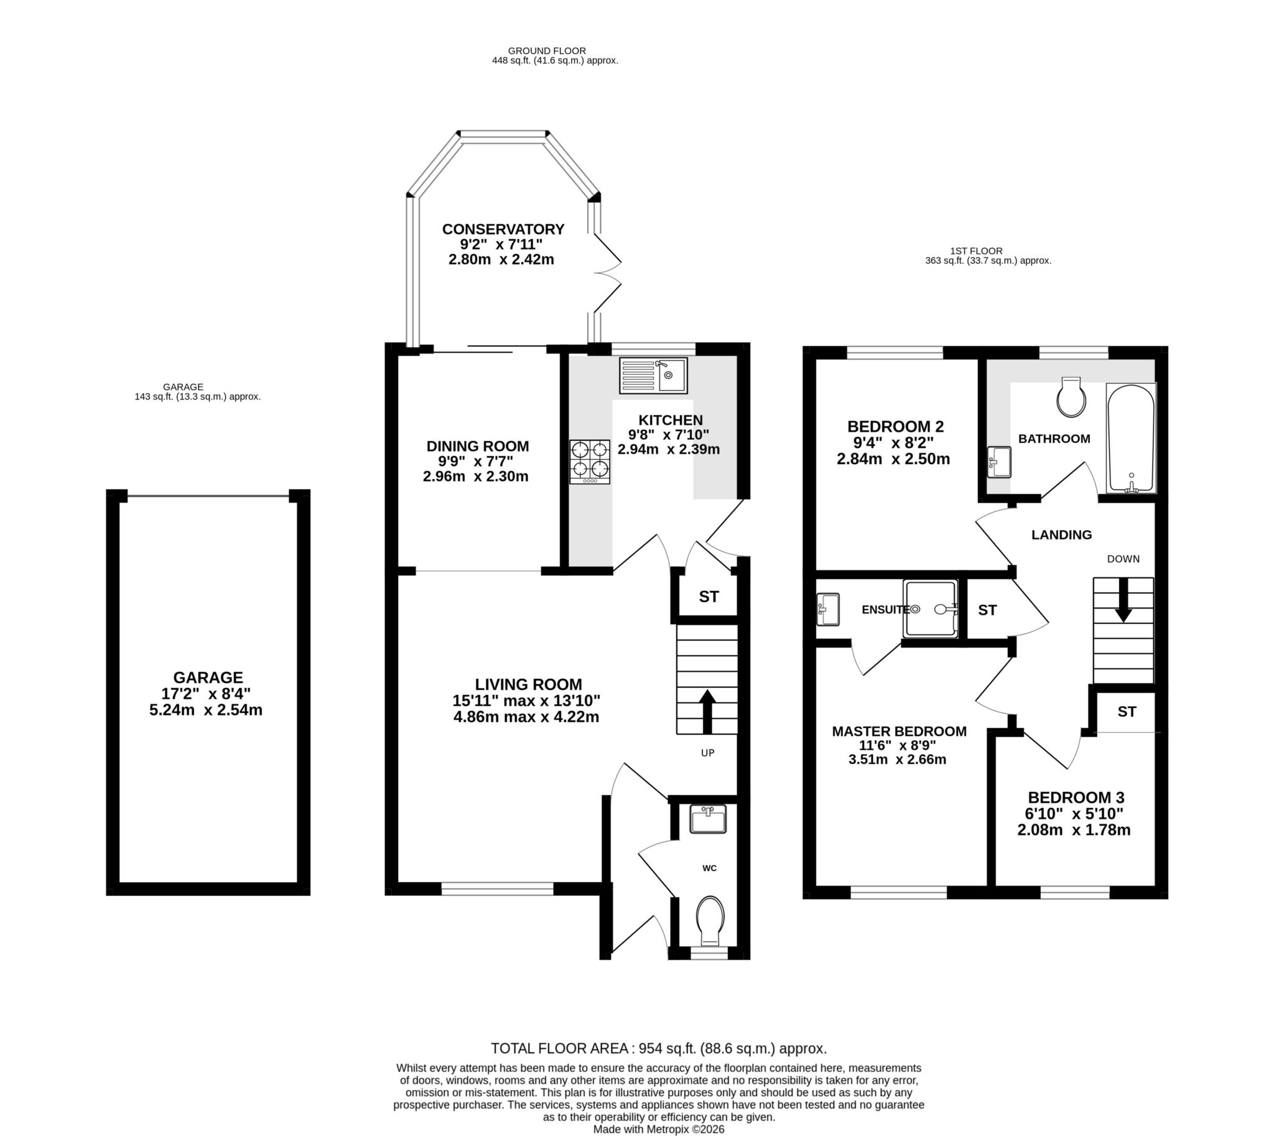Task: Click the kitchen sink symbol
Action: (653, 375)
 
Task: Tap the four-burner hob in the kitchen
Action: (589, 462)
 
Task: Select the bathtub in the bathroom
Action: (1130, 437)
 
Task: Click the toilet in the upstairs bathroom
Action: (1071, 397)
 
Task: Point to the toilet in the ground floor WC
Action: (710, 921)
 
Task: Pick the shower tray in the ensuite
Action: (930, 609)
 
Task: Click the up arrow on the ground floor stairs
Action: (707, 711)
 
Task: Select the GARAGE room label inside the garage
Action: (208, 677)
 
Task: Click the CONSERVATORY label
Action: (503, 229)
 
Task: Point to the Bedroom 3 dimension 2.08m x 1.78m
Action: (1074, 830)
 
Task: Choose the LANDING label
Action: (1061, 534)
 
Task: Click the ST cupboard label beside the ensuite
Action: (987, 610)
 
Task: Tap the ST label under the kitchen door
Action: (709, 597)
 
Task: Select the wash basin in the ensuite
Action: (828, 609)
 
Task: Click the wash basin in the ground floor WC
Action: (708, 819)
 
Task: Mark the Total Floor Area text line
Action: (659, 1048)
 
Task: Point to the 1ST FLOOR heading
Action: (976, 251)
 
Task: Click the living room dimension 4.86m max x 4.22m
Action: (526, 717)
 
